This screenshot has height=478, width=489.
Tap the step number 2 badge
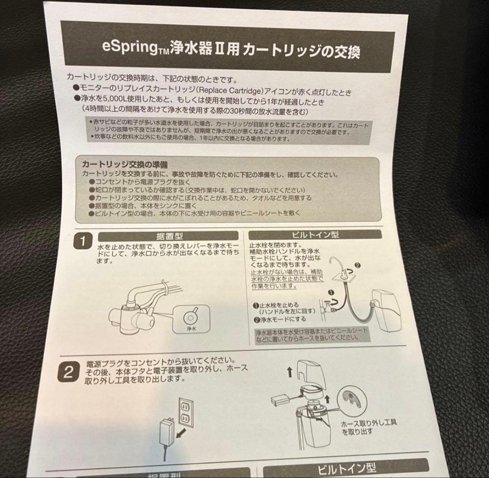68,372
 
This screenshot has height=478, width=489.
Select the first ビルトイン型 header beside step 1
322,235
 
